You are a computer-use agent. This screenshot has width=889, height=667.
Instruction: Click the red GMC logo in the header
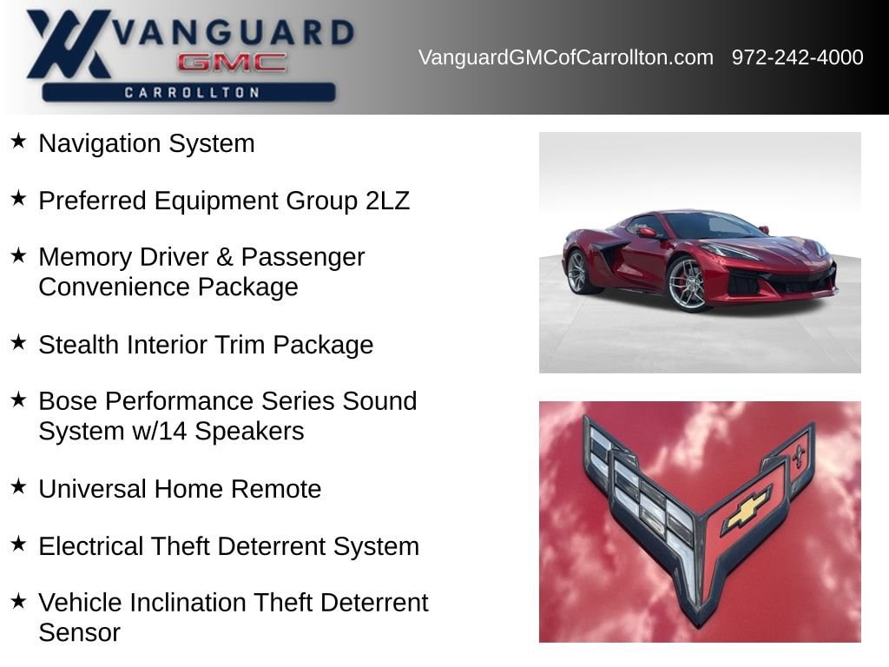[x=232, y=63]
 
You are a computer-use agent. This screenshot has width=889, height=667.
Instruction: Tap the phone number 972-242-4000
[x=797, y=57]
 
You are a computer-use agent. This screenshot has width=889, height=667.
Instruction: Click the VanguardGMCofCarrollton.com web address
[x=566, y=57]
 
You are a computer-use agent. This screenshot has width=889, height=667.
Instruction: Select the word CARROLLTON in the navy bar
[x=192, y=92]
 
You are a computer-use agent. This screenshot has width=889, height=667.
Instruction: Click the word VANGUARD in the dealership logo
[x=233, y=32]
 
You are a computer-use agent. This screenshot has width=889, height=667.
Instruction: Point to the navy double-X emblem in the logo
[x=68, y=43]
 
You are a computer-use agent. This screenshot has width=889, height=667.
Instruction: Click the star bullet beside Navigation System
[x=19, y=141]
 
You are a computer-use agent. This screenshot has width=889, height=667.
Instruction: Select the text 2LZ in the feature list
[x=387, y=201]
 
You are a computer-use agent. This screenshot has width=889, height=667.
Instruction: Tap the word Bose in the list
[x=68, y=401]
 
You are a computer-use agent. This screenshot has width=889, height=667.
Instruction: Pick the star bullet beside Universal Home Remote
[x=19, y=486]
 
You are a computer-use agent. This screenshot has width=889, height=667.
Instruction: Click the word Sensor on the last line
[x=79, y=632]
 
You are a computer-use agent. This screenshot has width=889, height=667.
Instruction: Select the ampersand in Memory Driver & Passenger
[x=225, y=257]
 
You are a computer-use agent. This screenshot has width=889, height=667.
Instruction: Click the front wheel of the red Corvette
[x=687, y=284]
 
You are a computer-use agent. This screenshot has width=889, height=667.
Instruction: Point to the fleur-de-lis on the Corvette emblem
[x=800, y=453]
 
